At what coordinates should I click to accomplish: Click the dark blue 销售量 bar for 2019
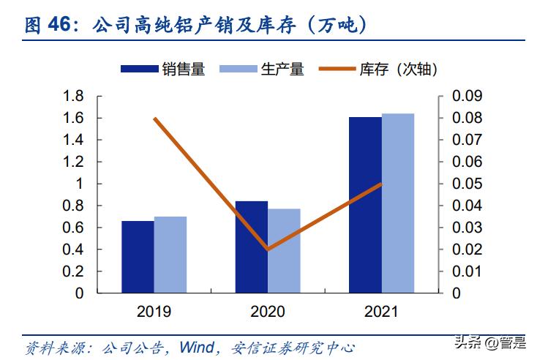(x=138, y=257)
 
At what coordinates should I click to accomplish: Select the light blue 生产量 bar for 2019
(x=170, y=255)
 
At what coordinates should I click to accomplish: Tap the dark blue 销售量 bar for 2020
(x=251, y=247)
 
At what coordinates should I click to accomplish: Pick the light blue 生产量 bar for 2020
(x=284, y=251)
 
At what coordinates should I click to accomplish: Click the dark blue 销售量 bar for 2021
(x=365, y=205)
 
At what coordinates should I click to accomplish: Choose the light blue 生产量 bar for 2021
(x=398, y=203)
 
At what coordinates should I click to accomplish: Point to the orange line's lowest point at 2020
(x=268, y=250)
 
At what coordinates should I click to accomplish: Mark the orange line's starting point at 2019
(x=154, y=118)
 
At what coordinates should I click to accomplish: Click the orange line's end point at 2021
(x=381, y=184)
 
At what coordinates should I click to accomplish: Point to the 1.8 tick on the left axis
(x=73, y=96)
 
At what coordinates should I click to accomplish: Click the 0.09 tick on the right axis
(x=467, y=96)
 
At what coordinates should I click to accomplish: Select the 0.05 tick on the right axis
(x=467, y=184)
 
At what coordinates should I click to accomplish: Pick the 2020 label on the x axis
(x=268, y=312)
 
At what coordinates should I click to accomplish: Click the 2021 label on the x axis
(x=381, y=312)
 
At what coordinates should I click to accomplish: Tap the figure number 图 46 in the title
(x=50, y=26)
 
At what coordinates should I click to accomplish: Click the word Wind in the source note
(x=198, y=345)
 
